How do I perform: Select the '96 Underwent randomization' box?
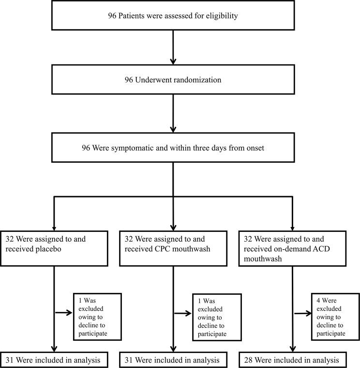click(173, 80)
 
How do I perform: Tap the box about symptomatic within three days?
click(173, 148)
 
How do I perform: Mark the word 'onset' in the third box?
click(253, 148)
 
